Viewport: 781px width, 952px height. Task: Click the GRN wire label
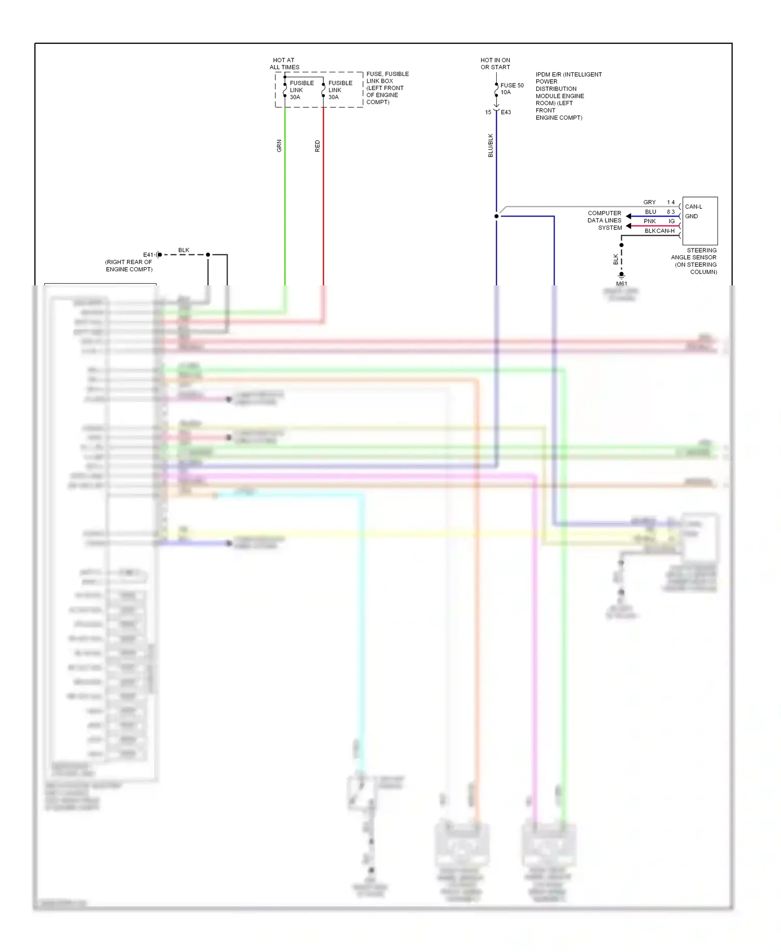279,146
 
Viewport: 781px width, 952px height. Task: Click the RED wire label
318,146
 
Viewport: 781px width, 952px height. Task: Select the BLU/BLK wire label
490,145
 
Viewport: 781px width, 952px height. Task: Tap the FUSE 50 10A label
512,89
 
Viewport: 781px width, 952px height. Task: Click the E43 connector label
506,112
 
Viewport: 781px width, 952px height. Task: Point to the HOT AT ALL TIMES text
284,64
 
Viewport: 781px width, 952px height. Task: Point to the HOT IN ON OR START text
495,64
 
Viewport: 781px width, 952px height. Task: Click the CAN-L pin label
694,207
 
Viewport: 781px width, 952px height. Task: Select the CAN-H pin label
666,231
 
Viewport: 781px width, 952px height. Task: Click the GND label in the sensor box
691,216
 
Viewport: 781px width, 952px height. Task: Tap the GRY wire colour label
649,202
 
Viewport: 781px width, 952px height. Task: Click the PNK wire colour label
649,221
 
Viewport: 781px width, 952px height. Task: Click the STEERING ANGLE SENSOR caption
694,261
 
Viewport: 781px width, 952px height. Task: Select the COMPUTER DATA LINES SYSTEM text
605,220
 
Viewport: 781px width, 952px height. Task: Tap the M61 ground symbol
621,275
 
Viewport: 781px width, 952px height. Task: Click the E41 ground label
148,255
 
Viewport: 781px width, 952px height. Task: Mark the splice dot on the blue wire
496,216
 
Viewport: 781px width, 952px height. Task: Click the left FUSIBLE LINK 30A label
301,90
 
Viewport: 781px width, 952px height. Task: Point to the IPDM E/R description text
568,96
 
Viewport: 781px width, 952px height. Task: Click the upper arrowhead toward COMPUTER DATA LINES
629,216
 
